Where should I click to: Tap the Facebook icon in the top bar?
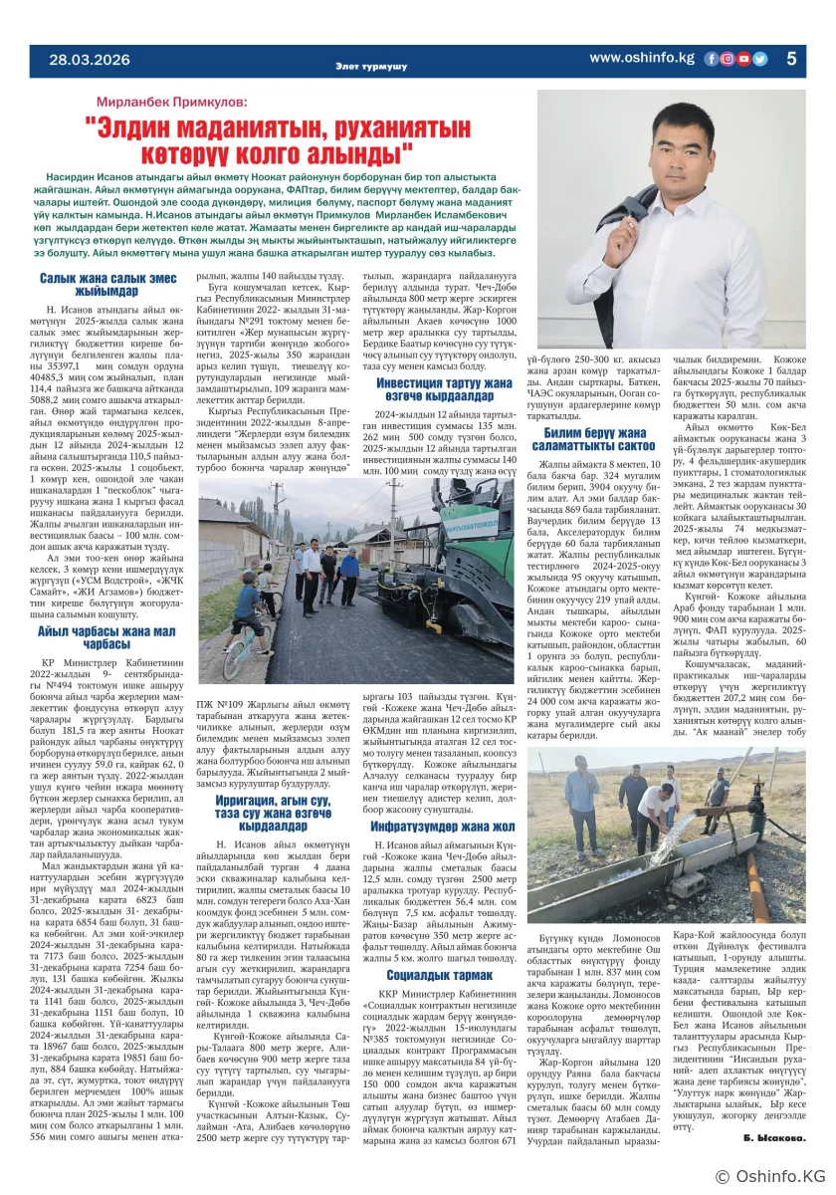[x=711, y=59]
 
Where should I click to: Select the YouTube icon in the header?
[x=744, y=59]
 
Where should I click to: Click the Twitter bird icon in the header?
[x=760, y=59]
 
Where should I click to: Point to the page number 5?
[x=792, y=59]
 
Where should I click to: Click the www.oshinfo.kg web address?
[x=641, y=58]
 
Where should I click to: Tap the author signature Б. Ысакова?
[x=771, y=1136]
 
